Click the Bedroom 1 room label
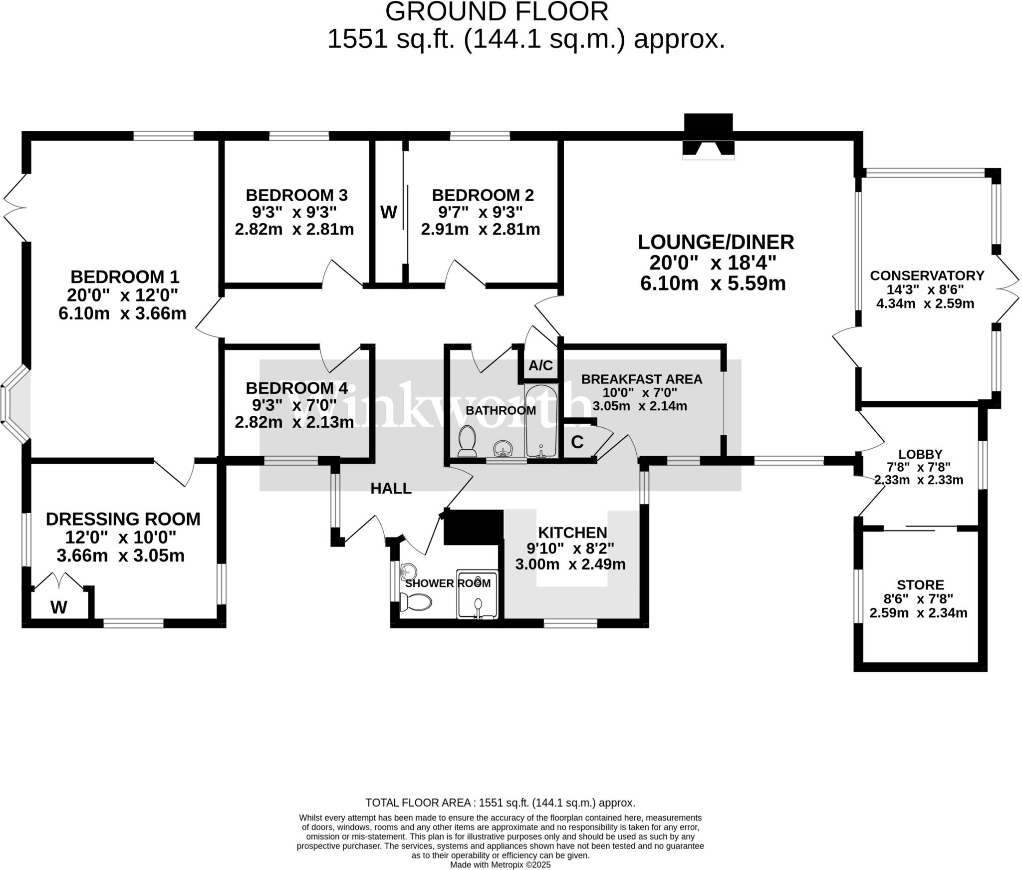125,277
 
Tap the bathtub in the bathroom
541,421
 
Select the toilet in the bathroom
467,441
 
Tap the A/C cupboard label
541,365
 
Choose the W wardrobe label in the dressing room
59,607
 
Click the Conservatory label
927,276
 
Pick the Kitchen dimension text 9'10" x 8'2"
570,549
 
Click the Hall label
391,488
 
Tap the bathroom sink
502,449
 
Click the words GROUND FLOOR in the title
497,11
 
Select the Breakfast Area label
642,379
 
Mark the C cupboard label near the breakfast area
577,442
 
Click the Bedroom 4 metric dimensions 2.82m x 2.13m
294,422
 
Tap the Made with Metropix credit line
501,865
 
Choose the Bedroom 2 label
483,195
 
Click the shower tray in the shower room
478,594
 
